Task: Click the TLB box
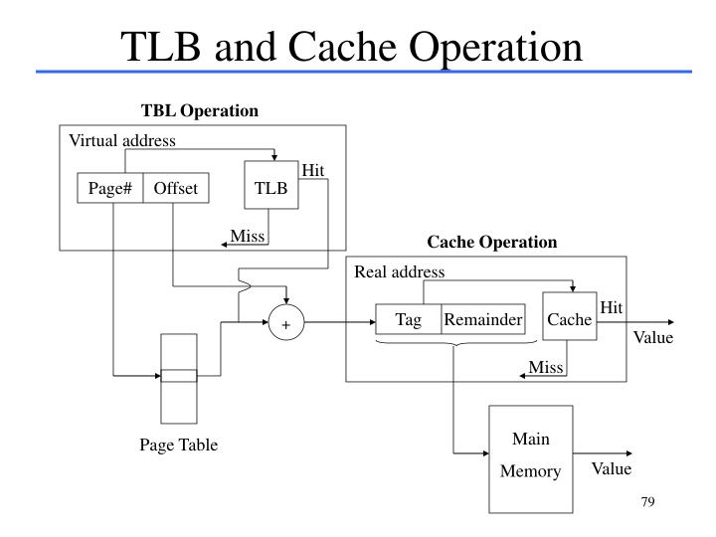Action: (x=270, y=186)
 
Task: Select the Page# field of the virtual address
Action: (x=110, y=188)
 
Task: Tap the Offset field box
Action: (x=176, y=188)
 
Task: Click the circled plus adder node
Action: (x=285, y=324)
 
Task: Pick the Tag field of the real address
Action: (x=409, y=319)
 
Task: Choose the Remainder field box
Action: (x=483, y=319)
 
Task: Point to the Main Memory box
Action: (x=530, y=455)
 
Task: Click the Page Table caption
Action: (x=178, y=446)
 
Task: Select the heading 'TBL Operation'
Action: (x=200, y=110)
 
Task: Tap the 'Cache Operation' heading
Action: (x=492, y=242)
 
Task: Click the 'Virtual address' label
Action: (x=121, y=140)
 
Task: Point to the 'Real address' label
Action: (x=400, y=271)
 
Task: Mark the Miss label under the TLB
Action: (x=248, y=236)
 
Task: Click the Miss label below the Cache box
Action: (x=546, y=368)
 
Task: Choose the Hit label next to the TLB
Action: (x=313, y=170)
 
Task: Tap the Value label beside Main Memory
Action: (x=612, y=469)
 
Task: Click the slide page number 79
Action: (x=646, y=501)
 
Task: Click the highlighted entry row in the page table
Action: (x=179, y=376)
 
